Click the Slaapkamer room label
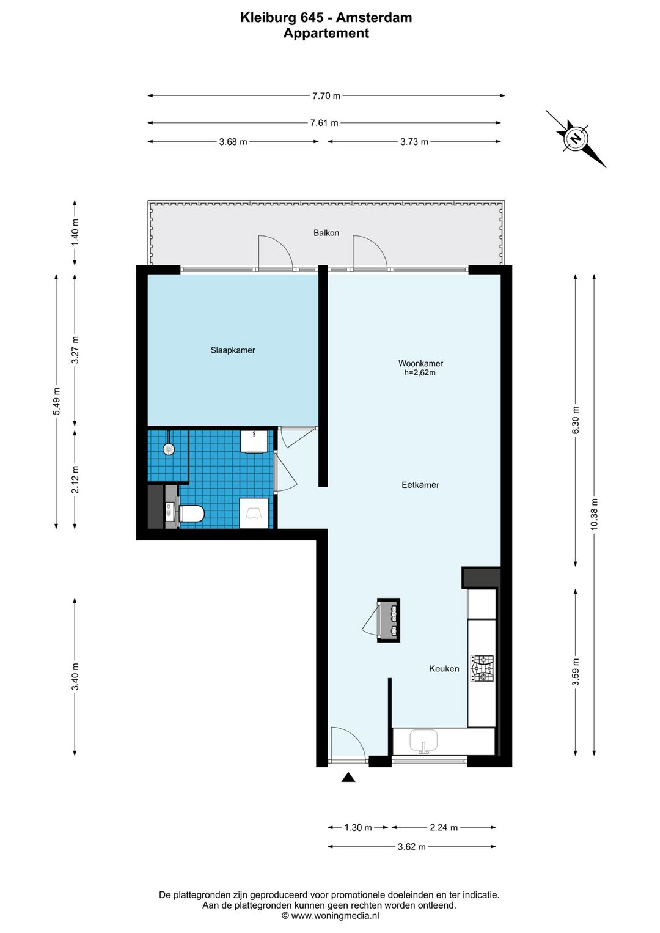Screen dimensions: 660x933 click(x=232, y=350)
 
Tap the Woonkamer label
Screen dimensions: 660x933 click(x=420, y=363)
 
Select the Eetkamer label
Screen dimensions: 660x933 click(x=420, y=485)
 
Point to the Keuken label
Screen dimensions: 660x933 click(x=444, y=668)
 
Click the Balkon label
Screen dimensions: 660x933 click(x=326, y=233)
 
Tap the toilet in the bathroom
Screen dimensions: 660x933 click(x=191, y=514)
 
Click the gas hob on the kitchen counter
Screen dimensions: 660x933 click(x=482, y=668)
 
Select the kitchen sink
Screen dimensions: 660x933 click(x=424, y=742)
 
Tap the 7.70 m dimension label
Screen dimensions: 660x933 click(x=326, y=96)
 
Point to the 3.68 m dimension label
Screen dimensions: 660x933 click(x=233, y=142)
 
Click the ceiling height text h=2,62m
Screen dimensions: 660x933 click(x=420, y=373)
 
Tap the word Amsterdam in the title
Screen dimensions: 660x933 click(x=374, y=18)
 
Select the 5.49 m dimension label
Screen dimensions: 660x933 click(x=57, y=401)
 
